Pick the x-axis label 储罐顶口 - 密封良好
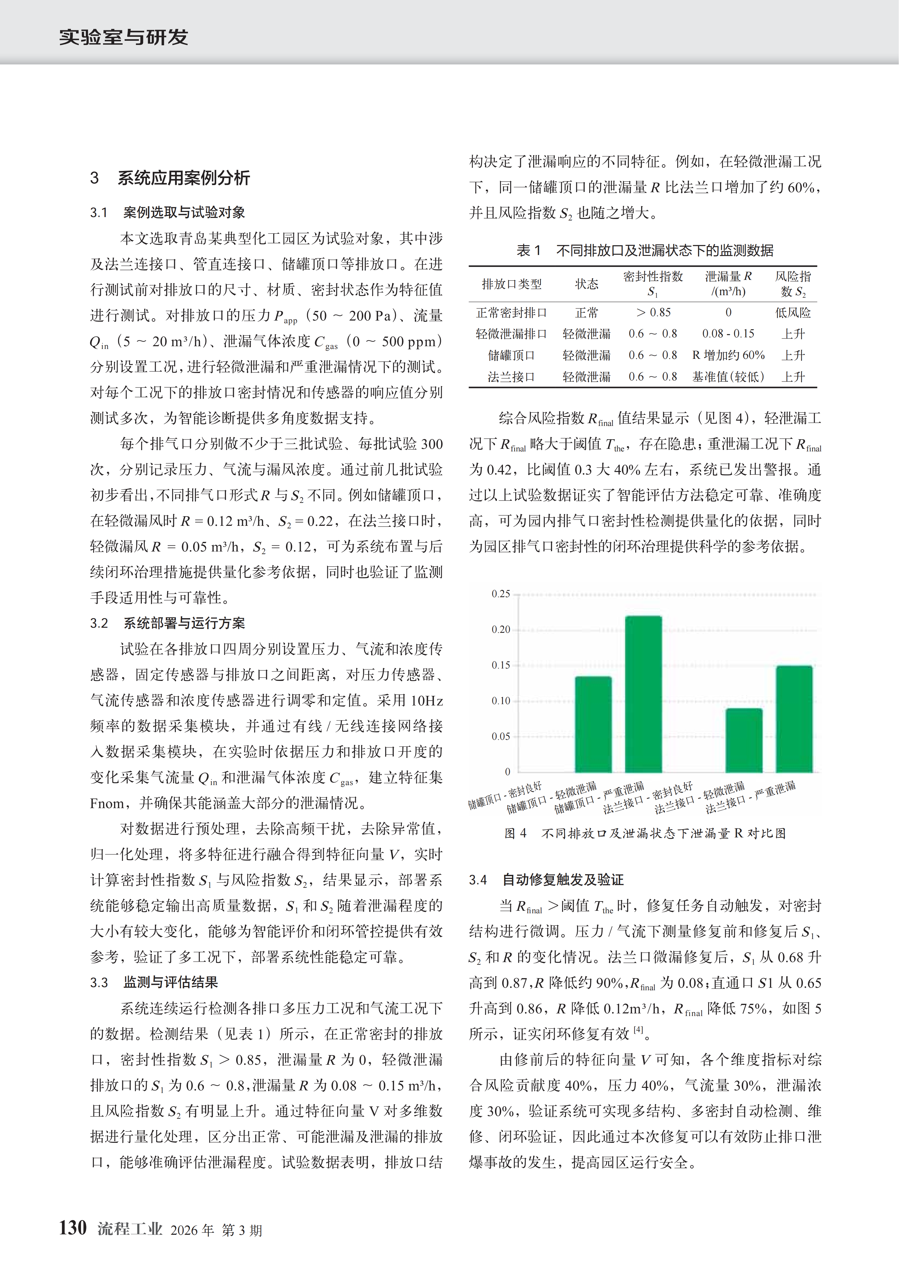pos(505,796)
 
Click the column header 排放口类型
pos(511,284)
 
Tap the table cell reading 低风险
pos(793,313)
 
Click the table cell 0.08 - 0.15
pos(728,334)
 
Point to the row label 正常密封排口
pos(511,313)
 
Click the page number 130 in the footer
pos(73,1228)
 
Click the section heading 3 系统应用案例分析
pos(170,178)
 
